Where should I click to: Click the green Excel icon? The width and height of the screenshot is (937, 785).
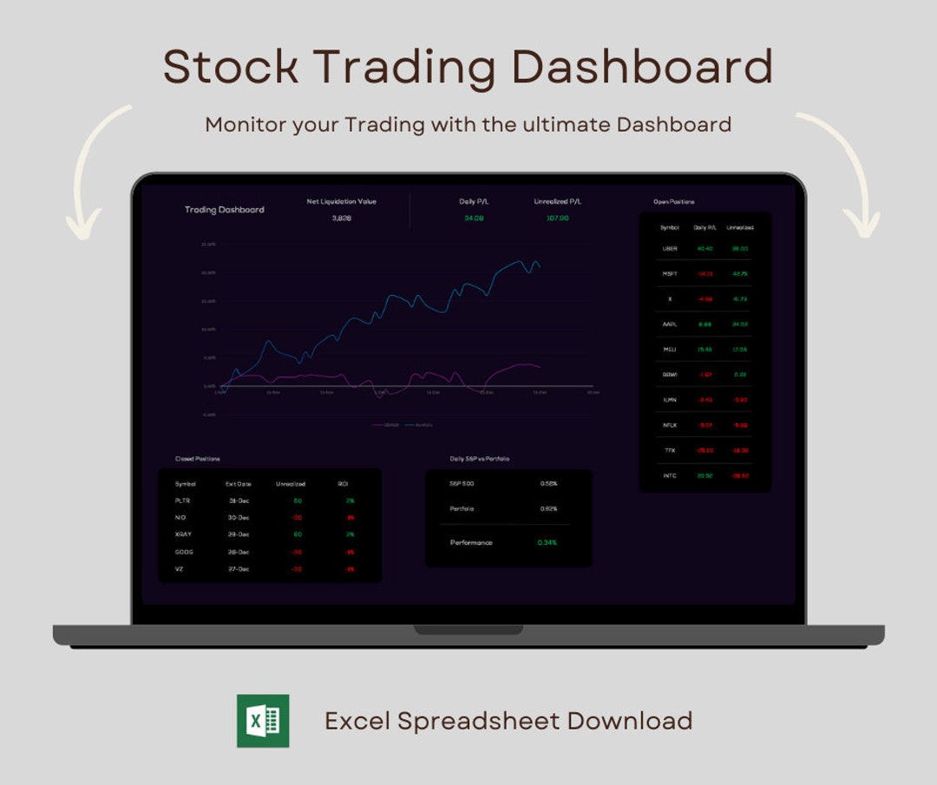pos(263,721)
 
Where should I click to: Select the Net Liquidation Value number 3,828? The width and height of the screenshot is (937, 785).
pos(341,218)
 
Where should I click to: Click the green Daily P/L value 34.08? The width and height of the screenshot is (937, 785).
pos(474,218)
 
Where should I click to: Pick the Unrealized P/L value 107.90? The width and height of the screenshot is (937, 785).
pos(557,218)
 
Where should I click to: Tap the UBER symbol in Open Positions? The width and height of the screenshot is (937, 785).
pos(670,248)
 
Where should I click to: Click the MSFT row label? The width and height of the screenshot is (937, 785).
pos(670,273)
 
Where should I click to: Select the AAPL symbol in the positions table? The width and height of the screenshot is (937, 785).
pos(670,324)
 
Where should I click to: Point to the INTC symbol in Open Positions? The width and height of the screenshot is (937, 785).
pos(670,475)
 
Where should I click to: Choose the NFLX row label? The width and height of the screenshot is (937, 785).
pos(670,425)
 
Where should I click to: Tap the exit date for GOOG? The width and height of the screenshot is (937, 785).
pos(239,552)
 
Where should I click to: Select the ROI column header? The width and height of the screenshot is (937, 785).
pos(344,484)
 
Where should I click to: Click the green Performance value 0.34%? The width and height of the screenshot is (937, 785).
pos(547,542)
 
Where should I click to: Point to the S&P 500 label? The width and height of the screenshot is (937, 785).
pos(462,483)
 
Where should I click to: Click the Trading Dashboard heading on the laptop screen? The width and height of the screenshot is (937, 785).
pos(225,210)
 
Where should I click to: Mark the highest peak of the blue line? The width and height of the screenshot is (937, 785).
pos(521,260)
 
